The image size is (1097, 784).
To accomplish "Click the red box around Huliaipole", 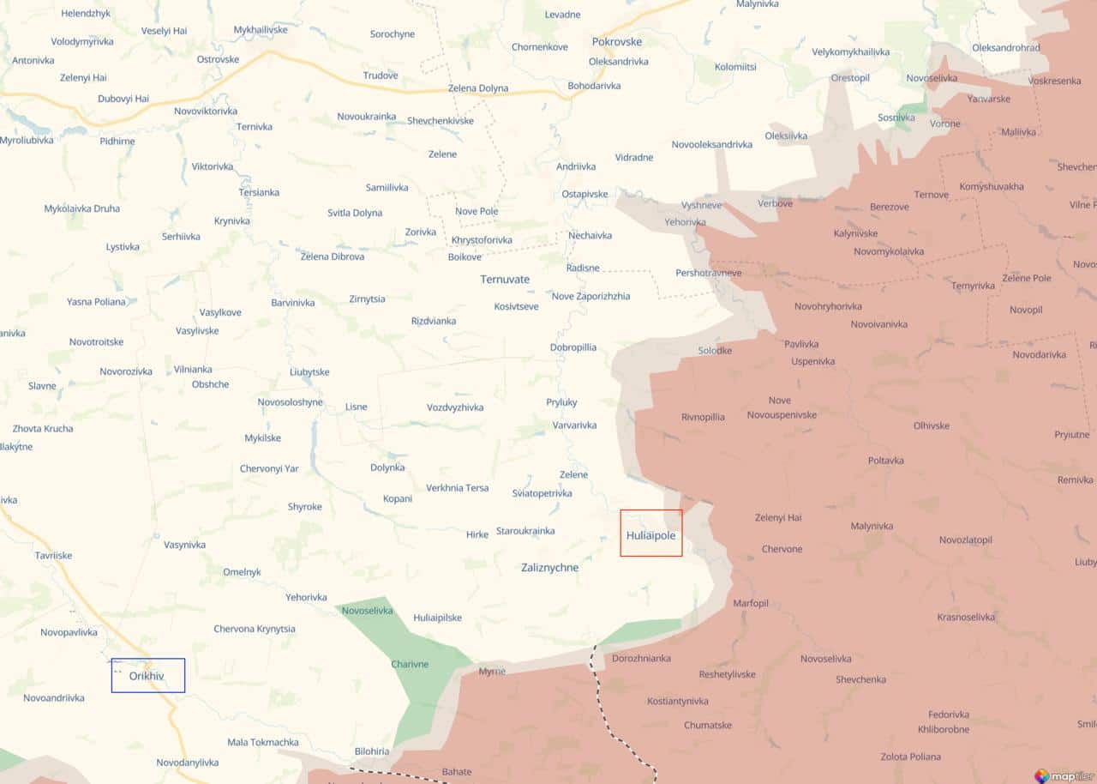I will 651,533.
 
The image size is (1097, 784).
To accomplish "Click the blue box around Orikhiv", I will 147,675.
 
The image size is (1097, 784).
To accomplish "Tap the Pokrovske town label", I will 616,41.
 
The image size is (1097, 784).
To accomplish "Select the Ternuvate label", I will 505,280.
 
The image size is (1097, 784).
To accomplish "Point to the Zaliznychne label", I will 549,567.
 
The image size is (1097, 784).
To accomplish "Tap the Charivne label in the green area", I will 410,664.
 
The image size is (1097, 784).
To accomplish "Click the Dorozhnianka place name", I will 641,658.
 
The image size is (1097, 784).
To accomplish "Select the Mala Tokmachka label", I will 263,742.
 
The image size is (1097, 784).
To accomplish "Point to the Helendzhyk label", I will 86,14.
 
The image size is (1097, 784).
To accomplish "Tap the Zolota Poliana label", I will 910,757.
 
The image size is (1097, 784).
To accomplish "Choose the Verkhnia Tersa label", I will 458,487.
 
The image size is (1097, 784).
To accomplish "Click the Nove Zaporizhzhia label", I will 590,296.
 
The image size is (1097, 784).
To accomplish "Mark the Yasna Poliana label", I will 96,302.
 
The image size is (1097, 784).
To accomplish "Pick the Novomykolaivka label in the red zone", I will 889,251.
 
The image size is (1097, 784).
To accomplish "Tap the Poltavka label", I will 885,461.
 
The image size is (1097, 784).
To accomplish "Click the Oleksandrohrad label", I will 1006,47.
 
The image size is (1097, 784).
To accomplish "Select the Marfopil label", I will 751,603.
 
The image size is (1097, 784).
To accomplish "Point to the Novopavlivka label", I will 69,632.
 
